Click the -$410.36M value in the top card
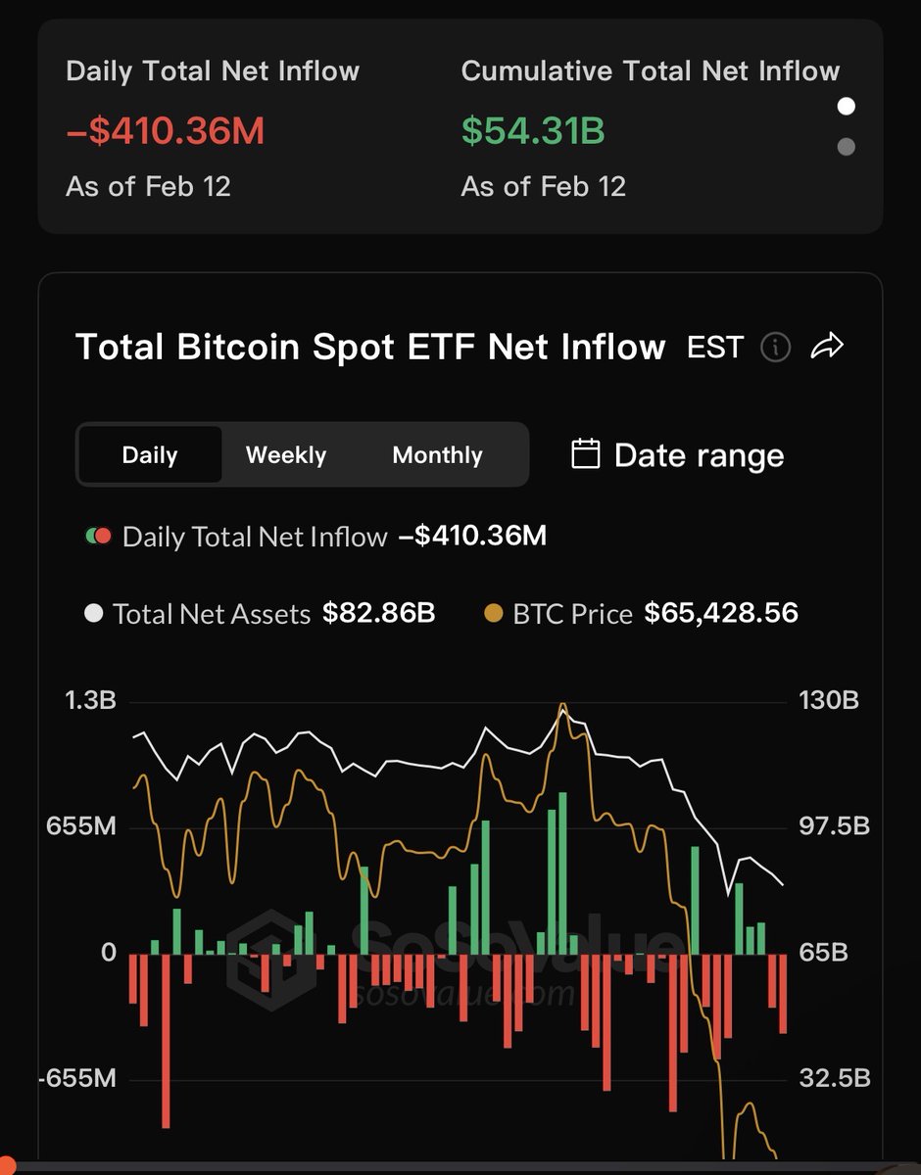[165, 130]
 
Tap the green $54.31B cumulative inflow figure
[532, 130]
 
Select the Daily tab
[150, 455]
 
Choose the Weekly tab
[285, 455]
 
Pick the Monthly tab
[437, 455]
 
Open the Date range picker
[698, 455]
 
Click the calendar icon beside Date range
[585, 454]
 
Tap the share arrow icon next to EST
[828, 346]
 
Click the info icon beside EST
[775, 347]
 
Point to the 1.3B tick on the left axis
[91, 701]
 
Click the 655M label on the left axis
[81, 826]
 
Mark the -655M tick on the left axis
[77, 1079]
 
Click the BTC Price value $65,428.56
[721, 614]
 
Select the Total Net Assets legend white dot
[94, 614]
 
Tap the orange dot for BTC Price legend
[494, 614]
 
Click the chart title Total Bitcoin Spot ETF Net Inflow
[370, 347]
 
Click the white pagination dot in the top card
[847, 106]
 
